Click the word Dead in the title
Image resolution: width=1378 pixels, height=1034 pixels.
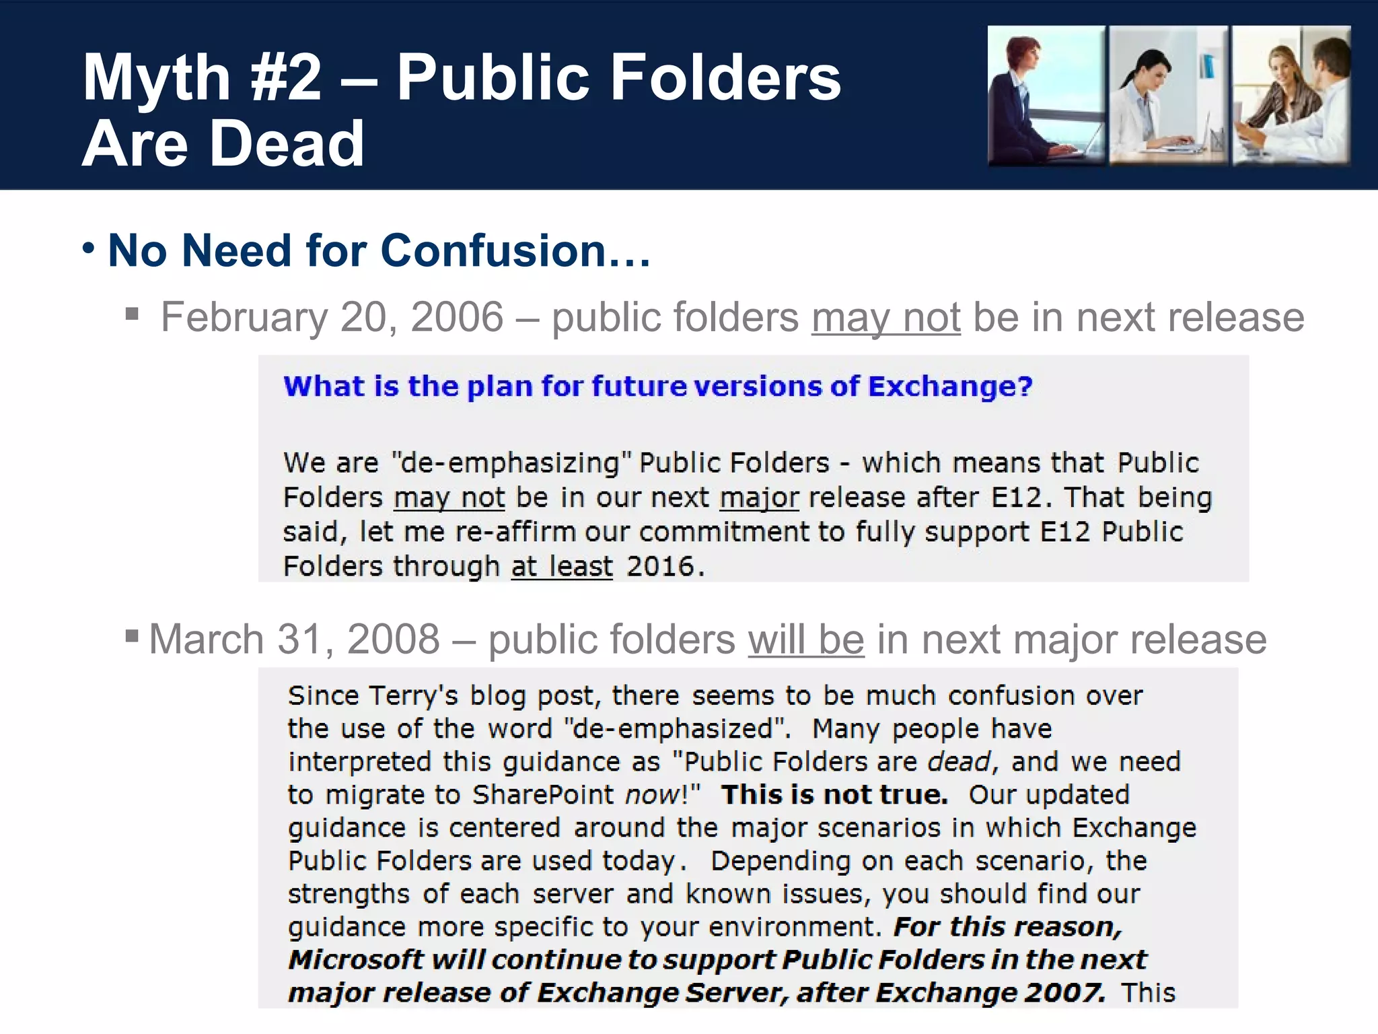click(x=287, y=144)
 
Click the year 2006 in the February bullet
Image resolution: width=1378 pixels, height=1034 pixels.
click(x=457, y=317)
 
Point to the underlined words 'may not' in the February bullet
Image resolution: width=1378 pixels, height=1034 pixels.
click(x=885, y=317)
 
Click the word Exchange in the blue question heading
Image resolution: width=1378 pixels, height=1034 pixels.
click(x=949, y=386)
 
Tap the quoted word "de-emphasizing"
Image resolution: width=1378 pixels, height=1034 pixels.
click(x=511, y=463)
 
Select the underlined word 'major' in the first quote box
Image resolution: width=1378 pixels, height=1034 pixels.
click(x=759, y=498)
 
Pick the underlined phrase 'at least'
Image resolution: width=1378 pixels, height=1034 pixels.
click(x=562, y=567)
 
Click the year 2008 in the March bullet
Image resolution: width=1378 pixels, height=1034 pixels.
click(x=394, y=639)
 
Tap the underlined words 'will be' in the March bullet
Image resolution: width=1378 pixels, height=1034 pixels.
click(x=805, y=639)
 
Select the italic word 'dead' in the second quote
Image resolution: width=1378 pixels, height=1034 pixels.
click(x=959, y=762)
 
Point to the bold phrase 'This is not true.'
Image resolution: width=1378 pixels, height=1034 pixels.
click(x=834, y=795)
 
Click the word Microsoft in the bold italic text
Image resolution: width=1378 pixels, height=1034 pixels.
click(x=355, y=960)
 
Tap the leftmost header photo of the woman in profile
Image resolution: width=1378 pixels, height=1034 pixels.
click(x=1046, y=95)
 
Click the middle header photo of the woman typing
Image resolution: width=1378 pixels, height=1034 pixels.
click(x=1168, y=95)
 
